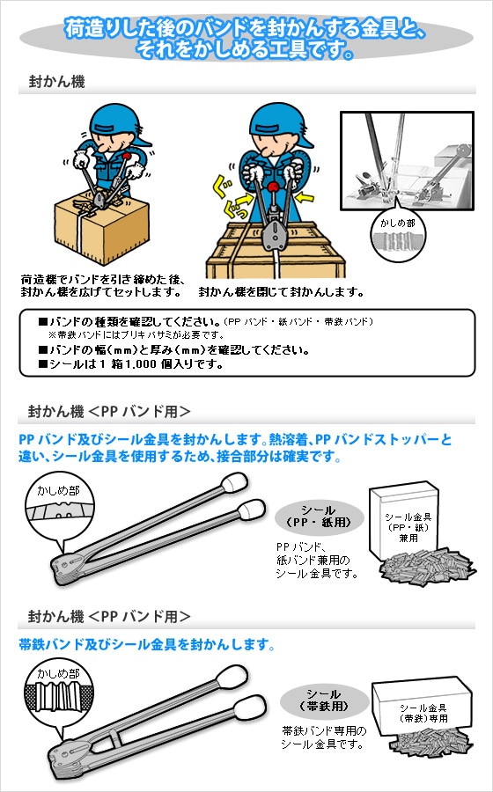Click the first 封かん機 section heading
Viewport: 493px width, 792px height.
(56, 82)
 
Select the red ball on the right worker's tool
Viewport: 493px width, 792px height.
(273, 187)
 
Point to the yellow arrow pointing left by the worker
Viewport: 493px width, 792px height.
(305, 197)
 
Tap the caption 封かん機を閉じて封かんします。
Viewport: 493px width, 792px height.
(282, 292)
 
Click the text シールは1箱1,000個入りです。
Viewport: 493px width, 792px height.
(131, 364)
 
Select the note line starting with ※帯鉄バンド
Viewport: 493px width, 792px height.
(136, 335)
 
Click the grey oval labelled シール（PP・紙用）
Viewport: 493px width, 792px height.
(320, 517)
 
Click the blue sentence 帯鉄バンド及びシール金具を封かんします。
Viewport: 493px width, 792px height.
(147, 645)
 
